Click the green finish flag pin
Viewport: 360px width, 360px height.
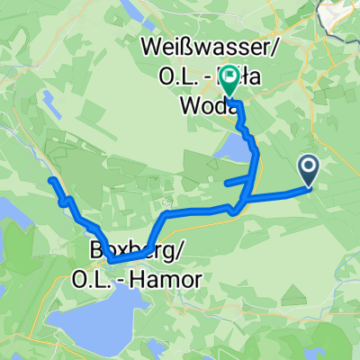click(230, 80)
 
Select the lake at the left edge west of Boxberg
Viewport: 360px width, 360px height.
click(13, 216)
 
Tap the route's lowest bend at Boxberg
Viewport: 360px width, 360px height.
click(112, 261)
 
